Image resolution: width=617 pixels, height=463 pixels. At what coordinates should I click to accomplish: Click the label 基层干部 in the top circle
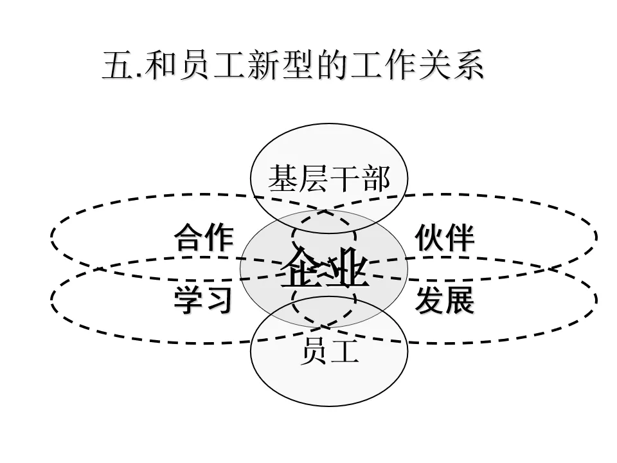(329, 178)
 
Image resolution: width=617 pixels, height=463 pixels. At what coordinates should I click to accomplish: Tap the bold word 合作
(203, 238)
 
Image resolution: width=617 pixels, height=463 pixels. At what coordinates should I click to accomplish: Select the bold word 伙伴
(445, 238)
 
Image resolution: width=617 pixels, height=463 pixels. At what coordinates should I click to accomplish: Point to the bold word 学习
(203, 300)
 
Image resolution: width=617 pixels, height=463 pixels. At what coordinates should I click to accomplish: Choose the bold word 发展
(445, 300)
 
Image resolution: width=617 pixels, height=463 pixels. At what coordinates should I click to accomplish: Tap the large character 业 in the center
(348, 266)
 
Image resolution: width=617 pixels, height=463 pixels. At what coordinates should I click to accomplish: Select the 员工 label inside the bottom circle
(329, 352)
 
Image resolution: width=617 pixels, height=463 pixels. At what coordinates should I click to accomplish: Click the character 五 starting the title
(116, 66)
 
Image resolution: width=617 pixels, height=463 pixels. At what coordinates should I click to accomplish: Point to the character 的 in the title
(334, 66)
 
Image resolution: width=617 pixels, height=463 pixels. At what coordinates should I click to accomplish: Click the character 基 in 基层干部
(283, 178)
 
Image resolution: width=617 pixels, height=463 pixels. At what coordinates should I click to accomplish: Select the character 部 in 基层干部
(375, 178)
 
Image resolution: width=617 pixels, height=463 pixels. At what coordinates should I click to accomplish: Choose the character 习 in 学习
(218, 300)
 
